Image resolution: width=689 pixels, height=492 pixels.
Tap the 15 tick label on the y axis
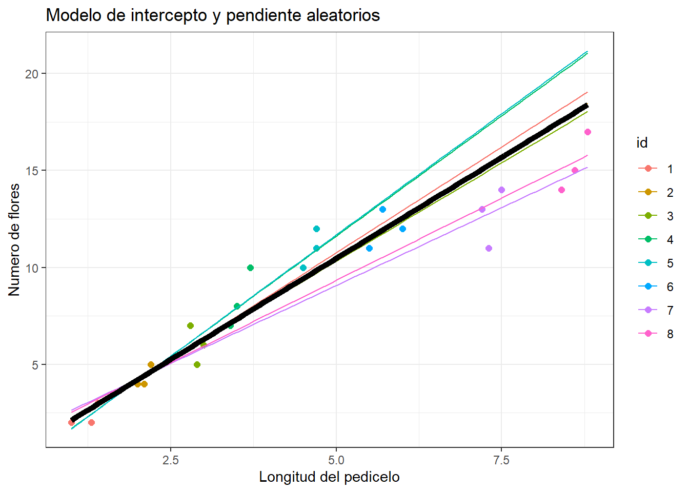32,171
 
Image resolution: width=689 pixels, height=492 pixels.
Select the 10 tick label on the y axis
32,268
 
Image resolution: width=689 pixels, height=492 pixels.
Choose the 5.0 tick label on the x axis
336,460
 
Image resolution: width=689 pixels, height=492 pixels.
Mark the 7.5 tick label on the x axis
501,460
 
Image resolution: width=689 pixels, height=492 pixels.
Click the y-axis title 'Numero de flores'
14,240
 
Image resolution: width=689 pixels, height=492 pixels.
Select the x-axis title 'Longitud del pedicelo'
329,477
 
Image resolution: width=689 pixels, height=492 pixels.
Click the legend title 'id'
642,143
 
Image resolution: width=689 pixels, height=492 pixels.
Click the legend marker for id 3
648,216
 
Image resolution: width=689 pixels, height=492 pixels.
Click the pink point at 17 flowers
587,132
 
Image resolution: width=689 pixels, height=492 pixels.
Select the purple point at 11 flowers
489,249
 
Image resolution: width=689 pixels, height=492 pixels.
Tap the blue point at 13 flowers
382,210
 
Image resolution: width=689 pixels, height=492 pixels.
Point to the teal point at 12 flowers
316,229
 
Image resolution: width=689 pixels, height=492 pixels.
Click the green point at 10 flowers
250,268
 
